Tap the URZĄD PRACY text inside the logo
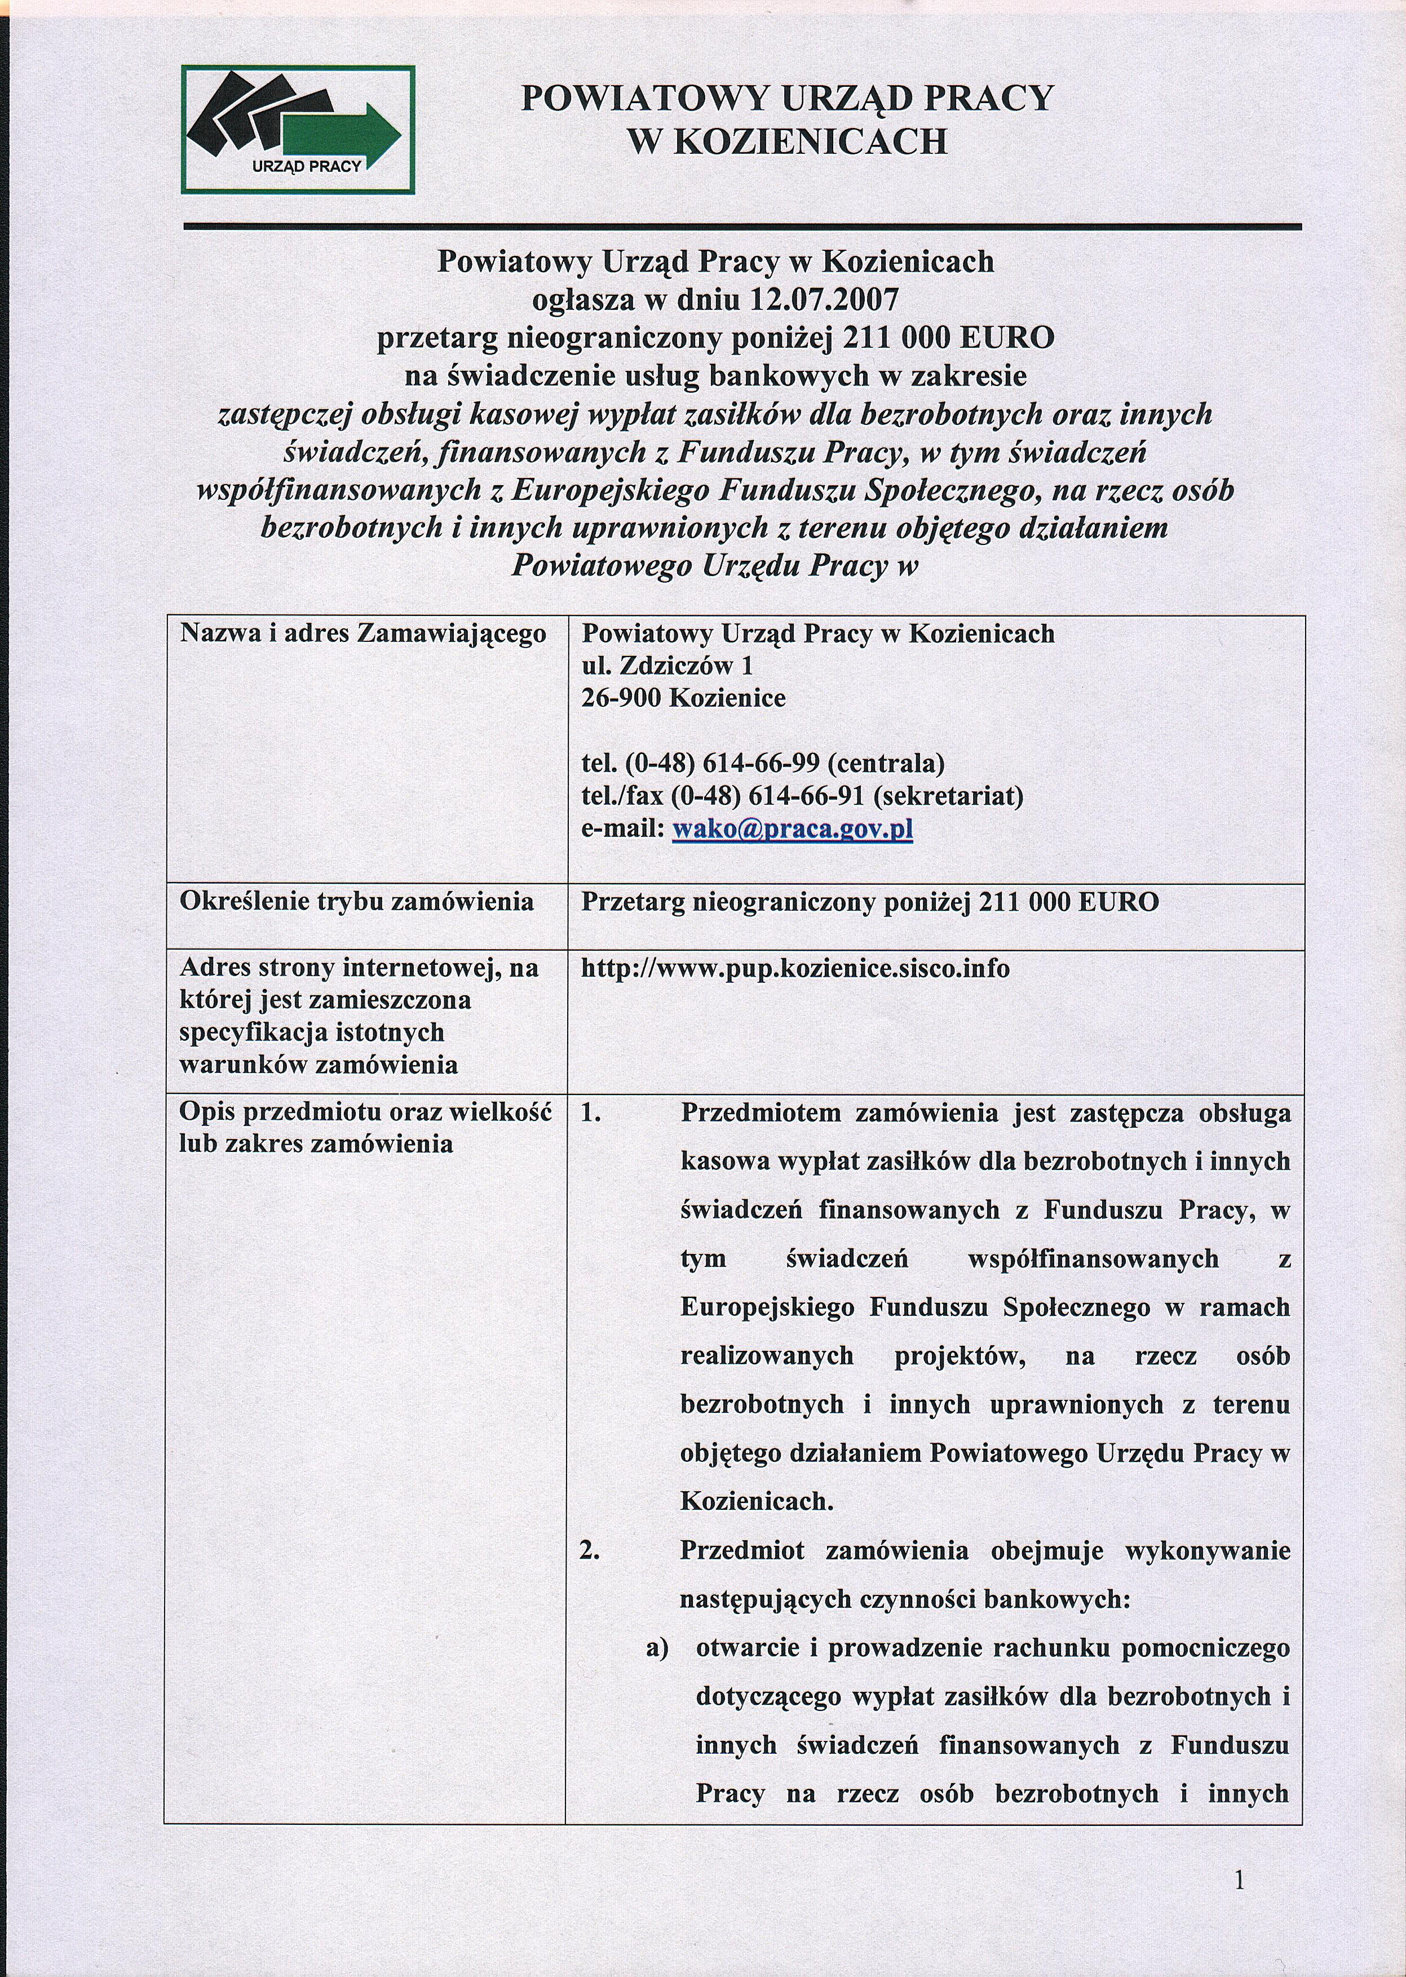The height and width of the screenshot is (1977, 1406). pyautogui.click(x=307, y=166)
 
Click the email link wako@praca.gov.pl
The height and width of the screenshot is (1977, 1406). pyautogui.click(x=792, y=829)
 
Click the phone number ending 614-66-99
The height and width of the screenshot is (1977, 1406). pyautogui.click(x=760, y=764)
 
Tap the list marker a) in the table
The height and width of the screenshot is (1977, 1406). pyautogui.click(x=657, y=1648)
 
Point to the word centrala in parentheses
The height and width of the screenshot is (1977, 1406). pyautogui.click(x=886, y=764)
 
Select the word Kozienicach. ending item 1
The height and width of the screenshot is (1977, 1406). pyautogui.click(x=757, y=1501)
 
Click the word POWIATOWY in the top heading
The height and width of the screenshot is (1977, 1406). pyautogui.click(x=643, y=99)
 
